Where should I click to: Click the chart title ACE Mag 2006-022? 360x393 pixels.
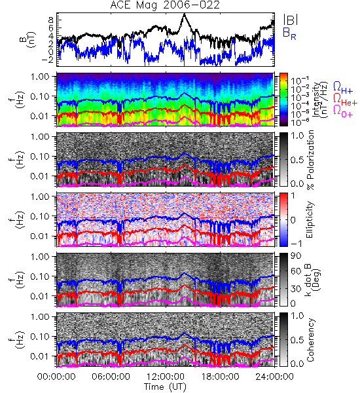pyautogui.click(x=165, y=5)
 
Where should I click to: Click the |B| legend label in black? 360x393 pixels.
pyautogui.click(x=291, y=20)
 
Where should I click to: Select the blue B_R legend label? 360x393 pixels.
pyautogui.click(x=289, y=33)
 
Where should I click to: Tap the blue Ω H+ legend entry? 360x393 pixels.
pyautogui.click(x=343, y=88)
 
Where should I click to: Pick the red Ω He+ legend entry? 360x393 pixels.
pyautogui.click(x=345, y=99)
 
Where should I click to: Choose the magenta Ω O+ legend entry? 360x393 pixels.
pyautogui.click(x=343, y=111)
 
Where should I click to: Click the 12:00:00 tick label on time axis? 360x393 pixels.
pyautogui.click(x=166, y=377)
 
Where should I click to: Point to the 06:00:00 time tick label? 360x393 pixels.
pyautogui.click(x=111, y=377)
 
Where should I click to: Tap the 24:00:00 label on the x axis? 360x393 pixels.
pyautogui.click(x=274, y=377)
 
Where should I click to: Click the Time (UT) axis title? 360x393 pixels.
pyautogui.click(x=165, y=386)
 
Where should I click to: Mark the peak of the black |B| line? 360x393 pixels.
pyautogui.click(x=185, y=14)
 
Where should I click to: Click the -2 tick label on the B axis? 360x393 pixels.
pyautogui.click(x=48, y=60)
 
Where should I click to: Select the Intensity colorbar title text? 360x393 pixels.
pyautogui.click(x=321, y=100)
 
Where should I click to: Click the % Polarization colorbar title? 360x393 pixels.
pyautogui.click(x=310, y=160)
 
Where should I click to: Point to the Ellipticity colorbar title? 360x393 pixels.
pyautogui.click(x=310, y=219)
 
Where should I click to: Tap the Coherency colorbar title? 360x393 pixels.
pyautogui.click(x=310, y=340)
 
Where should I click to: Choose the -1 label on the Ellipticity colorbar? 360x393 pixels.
pyautogui.click(x=296, y=244)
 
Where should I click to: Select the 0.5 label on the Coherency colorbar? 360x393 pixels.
pyautogui.click(x=297, y=340)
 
